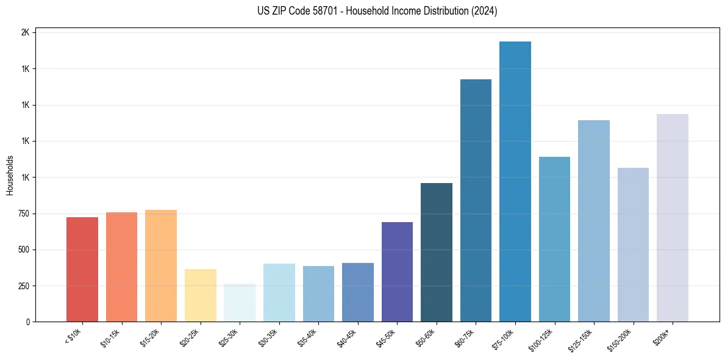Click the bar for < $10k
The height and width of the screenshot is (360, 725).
tap(82, 269)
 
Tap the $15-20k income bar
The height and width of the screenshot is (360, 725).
tap(161, 265)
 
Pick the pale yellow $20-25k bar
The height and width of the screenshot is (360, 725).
tap(200, 295)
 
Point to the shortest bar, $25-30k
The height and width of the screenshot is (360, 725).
tap(240, 303)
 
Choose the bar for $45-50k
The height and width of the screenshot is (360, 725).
tap(397, 272)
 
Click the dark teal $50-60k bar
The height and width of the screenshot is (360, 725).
tap(437, 252)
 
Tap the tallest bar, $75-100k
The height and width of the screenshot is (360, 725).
tap(515, 181)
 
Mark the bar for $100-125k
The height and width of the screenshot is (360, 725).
tap(554, 239)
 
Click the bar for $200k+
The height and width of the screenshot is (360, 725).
tap(673, 218)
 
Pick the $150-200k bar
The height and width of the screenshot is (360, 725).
tap(633, 245)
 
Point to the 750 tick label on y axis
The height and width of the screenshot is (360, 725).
tap(23, 214)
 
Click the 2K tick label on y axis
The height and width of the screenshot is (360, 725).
tap(25, 32)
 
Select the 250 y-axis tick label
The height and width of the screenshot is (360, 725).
tap(23, 286)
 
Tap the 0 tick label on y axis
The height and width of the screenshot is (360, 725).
tap(28, 322)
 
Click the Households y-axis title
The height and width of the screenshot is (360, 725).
tap(10, 175)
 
